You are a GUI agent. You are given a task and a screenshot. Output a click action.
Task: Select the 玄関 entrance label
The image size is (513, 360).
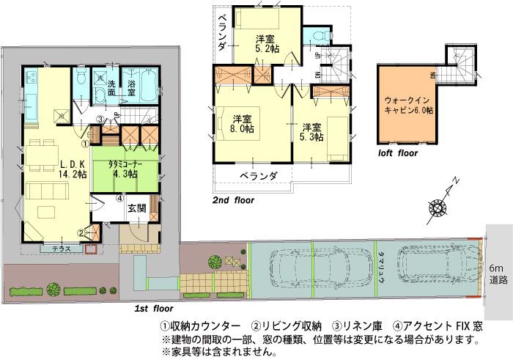point(136,208)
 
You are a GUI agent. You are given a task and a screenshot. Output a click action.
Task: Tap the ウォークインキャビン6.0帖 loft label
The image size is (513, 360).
point(408,106)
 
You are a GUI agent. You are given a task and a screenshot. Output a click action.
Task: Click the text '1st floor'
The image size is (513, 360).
point(153,310)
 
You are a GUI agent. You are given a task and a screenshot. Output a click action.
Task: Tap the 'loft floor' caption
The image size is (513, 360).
point(397,154)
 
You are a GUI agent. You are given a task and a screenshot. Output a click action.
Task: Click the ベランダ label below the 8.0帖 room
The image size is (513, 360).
point(259,176)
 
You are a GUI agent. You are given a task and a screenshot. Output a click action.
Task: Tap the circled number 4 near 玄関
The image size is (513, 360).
point(119,199)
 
